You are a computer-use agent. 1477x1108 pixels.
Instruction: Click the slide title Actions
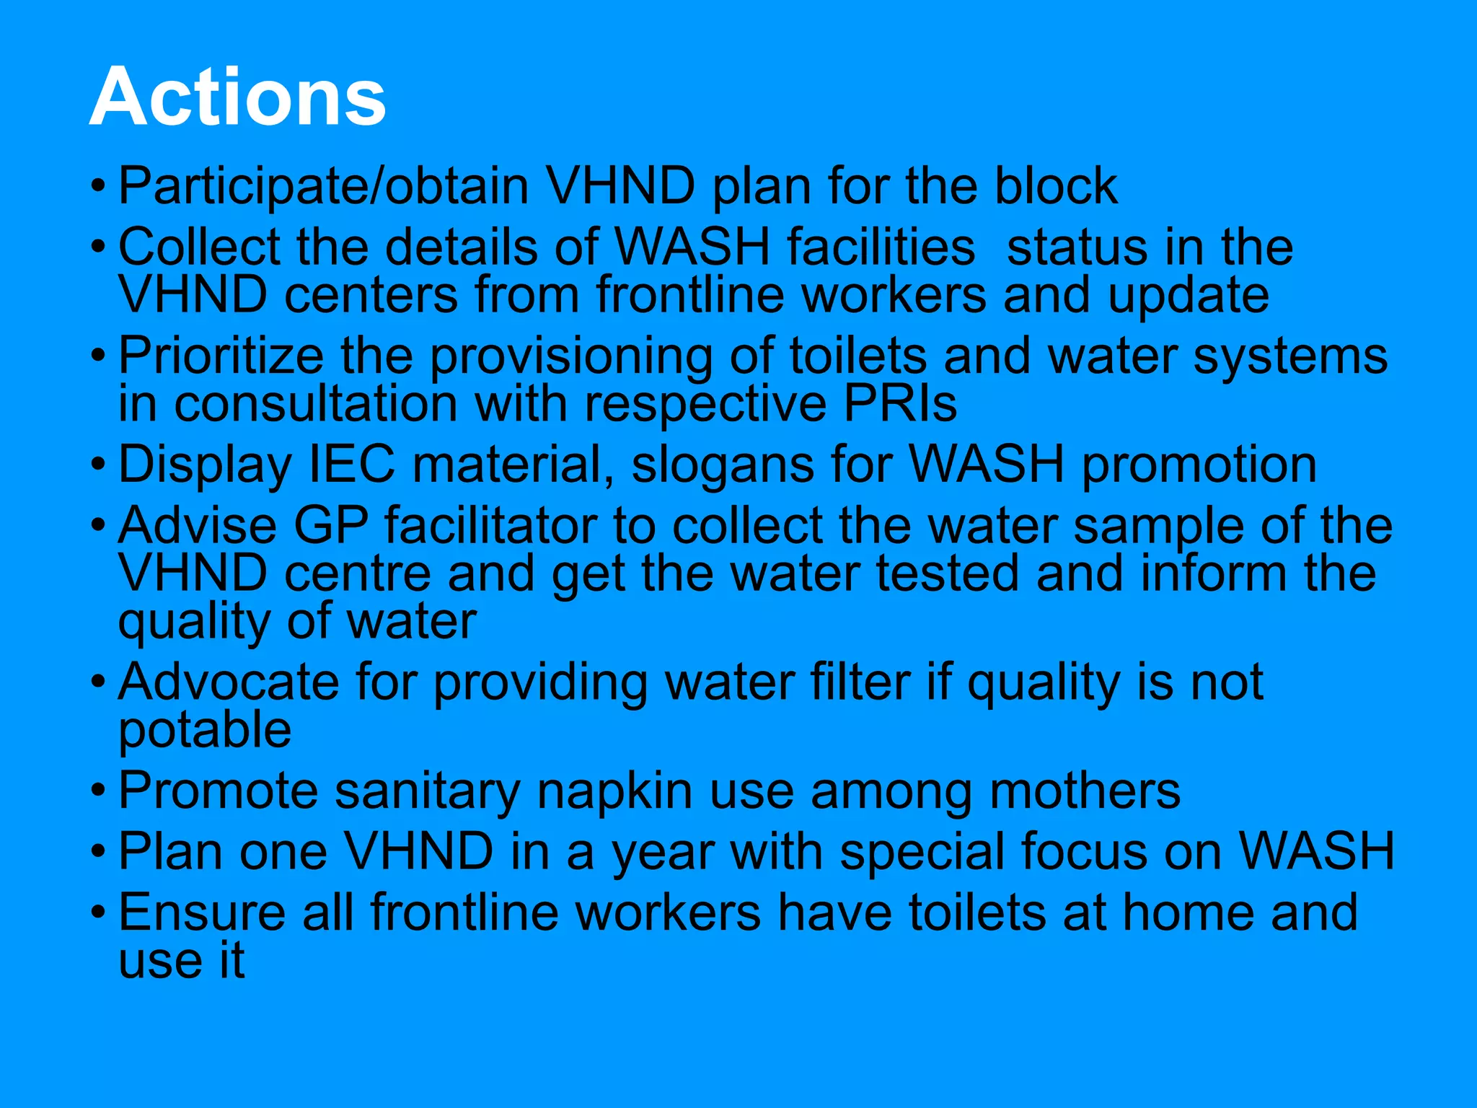tap(237, 97)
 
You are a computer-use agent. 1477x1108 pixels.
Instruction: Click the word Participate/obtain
tap(323, 187)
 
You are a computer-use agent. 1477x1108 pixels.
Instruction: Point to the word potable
tap(205, 731)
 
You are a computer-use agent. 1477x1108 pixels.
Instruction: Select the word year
tap(663, 853)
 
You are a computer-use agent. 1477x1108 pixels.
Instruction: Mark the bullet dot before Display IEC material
tap(99, 463)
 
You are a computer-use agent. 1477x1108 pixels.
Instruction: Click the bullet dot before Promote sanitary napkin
tap(99, 791)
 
